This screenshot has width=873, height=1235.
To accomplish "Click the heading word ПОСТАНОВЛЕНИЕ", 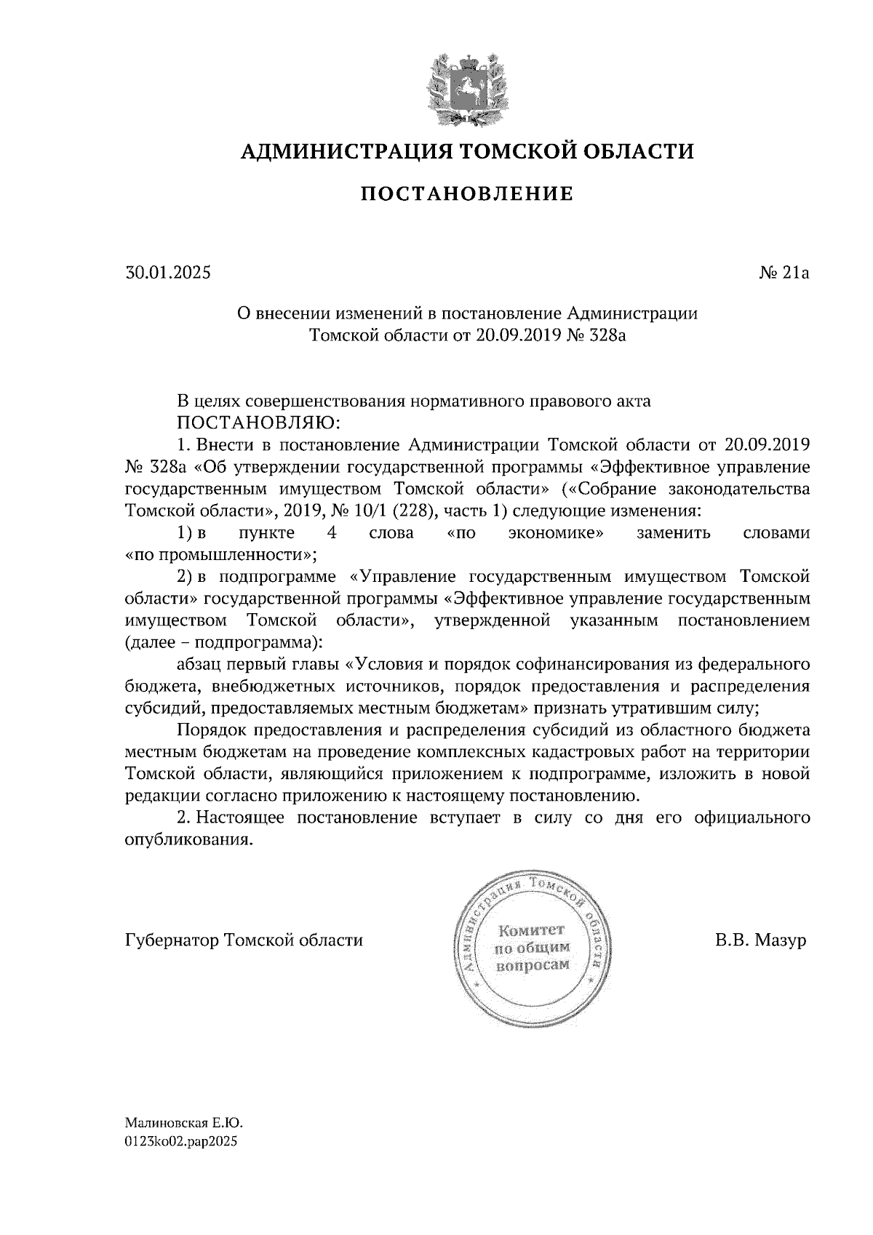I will point(467,194).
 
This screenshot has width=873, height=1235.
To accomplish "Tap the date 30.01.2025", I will point(167,273).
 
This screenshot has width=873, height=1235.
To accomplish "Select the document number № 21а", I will point(784,273).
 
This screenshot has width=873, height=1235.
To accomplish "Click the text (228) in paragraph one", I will point(411,511).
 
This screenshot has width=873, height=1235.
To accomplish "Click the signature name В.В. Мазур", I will point(760,940).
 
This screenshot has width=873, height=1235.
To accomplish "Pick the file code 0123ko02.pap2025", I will point(181,1142).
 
